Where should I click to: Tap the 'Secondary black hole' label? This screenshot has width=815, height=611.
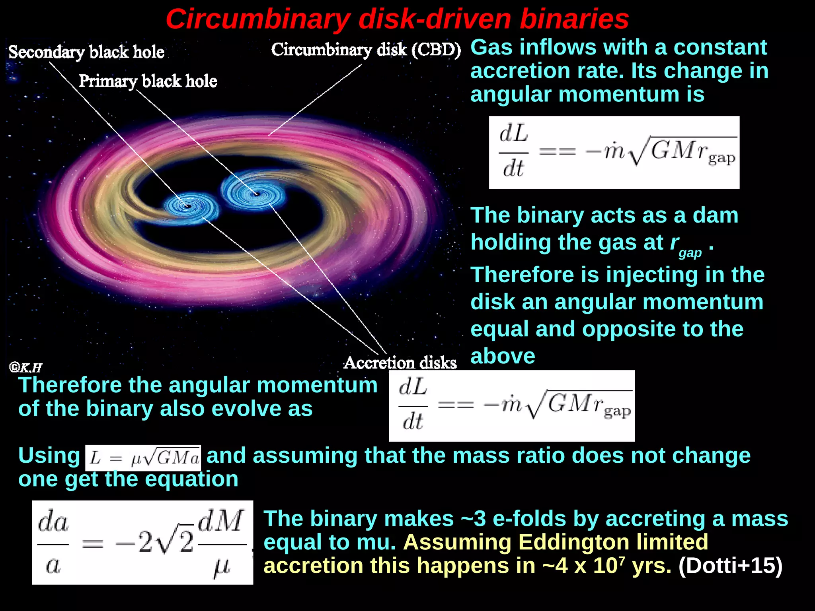click(x=86, y=52)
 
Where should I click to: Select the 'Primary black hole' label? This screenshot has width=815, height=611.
click(x=148, y=81)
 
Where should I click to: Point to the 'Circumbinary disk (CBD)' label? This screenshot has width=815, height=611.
click(x=366, y=50)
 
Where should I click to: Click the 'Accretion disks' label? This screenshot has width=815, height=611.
click(x=400, y=363)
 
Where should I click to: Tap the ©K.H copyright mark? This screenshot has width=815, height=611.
click(x=25, y=367)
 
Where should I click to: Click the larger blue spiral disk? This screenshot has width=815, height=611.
click(x=253, y=193)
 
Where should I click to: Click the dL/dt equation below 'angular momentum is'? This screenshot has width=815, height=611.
click(x=614, y=153)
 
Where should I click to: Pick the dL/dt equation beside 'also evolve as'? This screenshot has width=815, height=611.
click(x=511, y=405)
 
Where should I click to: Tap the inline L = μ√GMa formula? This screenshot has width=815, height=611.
click(x=143, y=458)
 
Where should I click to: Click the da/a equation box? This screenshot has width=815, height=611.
click(x=142, y=542)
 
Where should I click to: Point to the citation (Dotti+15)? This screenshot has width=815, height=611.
click(x=730, y=565)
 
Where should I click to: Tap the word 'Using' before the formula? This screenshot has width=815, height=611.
click(x=49, y=456)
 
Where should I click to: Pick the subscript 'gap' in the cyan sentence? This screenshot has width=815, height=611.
click(x=690, y=253)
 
